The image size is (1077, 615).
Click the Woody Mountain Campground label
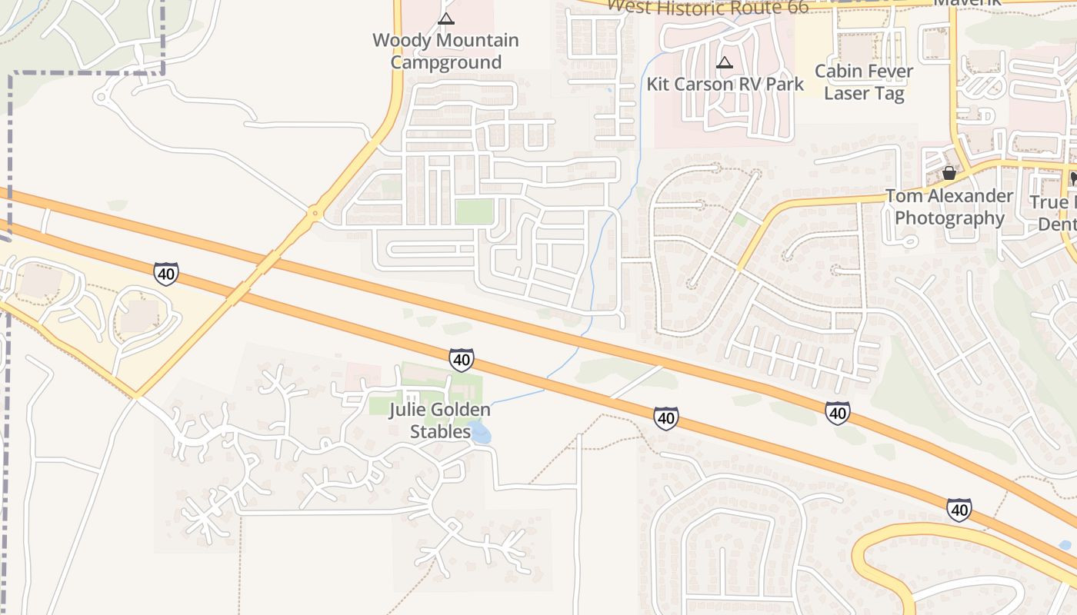(x=445, y=51)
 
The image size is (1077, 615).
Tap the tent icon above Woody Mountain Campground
(x=445, y=18)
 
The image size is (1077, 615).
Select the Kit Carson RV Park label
(x=725, y=84)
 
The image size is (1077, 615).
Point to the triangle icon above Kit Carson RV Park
(x=724, y=62)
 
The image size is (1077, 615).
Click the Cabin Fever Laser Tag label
(x=864, y=82)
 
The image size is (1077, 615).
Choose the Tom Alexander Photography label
(x=949, y=207)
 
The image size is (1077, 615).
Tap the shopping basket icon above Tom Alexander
(x=949, y=173)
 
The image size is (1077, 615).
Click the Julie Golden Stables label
(x=440, y=420)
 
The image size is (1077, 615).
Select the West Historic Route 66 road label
(x=708, y=8)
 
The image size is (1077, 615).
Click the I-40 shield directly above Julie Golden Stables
(x=461, y=359)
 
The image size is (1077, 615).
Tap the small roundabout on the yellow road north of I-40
(x=314, y=213)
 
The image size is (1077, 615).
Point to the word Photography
(x=949, y=218)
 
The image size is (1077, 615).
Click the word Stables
(x=440, y=431)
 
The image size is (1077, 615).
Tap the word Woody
(x=398, y=40)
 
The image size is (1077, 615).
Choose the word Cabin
(x=837, y=71)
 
